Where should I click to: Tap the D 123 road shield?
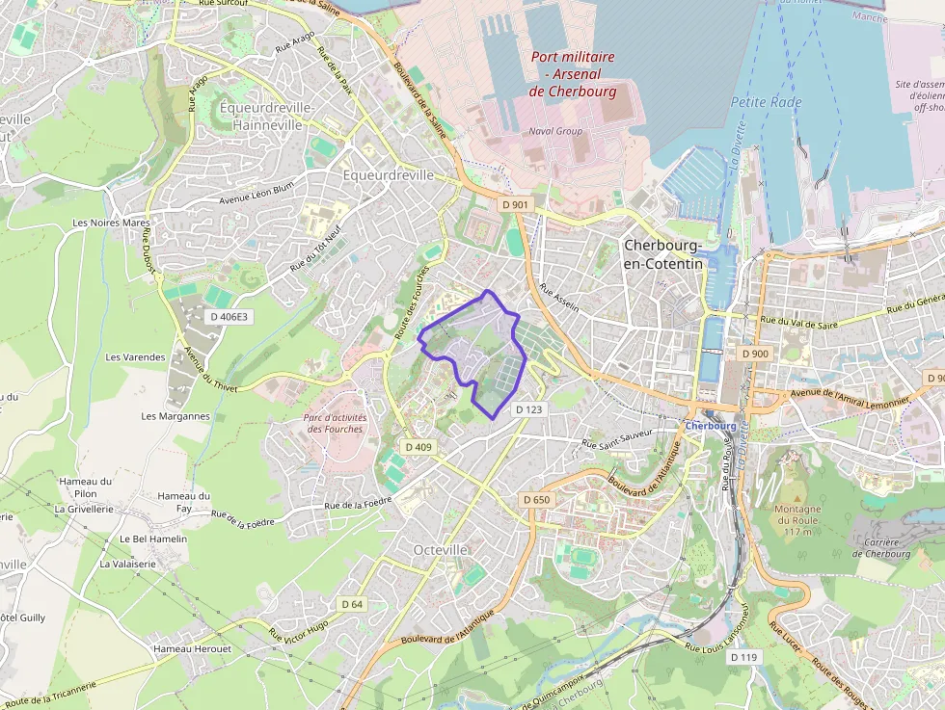point(529,409)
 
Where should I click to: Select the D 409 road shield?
point(418,447)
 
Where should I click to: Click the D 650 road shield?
point(535,499)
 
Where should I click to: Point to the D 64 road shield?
point(353,604)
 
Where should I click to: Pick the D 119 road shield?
point(743,657)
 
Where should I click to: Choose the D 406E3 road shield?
point(229,316)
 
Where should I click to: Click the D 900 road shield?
point(756,354)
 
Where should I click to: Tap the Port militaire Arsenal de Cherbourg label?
point(572,73)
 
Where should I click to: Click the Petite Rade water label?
point(766,102)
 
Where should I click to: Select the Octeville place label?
point(440,549)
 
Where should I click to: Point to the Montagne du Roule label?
point(797,520)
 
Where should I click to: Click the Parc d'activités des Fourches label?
point(336,423)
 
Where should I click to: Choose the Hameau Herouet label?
point(192,648)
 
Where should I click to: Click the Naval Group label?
point(554,131)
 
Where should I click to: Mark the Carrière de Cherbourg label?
point(880,547)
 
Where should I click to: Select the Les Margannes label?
point(175,416)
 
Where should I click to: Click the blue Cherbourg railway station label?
point(711,426)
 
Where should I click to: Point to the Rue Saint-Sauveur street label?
point(617,439)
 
